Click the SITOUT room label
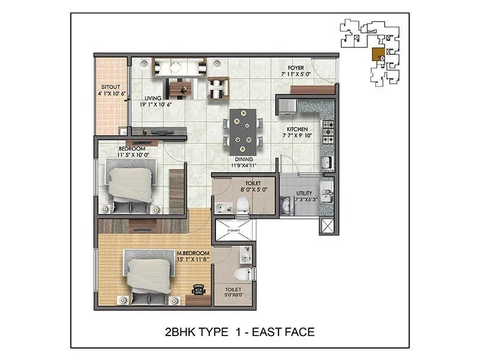pos(110,86)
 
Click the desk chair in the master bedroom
pos(198,289)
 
